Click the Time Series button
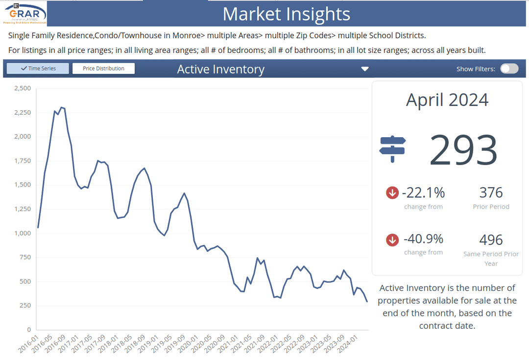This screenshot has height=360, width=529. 38,69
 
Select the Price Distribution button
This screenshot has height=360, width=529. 103,69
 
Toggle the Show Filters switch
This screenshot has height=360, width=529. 509,69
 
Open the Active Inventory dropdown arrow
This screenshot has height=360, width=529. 364,69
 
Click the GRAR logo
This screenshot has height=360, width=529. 24,13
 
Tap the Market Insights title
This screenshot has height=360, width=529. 286,14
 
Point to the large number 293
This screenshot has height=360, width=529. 463,150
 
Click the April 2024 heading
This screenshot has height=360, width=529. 447,100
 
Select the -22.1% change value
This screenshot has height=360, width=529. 423,192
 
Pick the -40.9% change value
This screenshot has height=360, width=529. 423,239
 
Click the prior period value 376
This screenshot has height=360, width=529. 491,192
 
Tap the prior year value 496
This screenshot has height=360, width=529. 491,240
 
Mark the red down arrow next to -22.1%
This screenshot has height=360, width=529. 392,193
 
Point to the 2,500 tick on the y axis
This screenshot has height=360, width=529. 23,89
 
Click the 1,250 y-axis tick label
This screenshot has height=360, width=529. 23,209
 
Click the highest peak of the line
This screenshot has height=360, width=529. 61,107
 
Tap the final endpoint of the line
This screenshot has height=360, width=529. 367,302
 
